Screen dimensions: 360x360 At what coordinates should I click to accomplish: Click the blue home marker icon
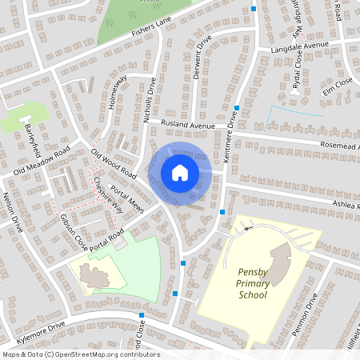point(179,173)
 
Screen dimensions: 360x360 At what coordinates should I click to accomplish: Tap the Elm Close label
point(337,81)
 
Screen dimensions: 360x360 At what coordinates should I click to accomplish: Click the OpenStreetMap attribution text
point(81,354)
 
